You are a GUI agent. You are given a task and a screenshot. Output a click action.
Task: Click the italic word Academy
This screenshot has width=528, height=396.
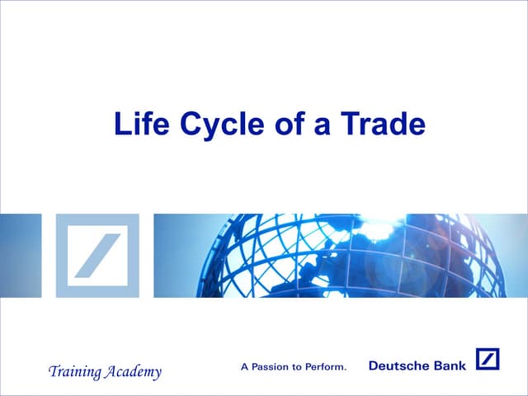pyautogui.click(x=130, y=372)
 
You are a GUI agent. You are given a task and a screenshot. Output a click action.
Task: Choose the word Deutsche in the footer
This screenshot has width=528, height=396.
pyautogui.click(x=399, y=365)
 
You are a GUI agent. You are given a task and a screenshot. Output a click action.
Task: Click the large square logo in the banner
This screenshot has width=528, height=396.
pyautogui.click(x=97, y=255)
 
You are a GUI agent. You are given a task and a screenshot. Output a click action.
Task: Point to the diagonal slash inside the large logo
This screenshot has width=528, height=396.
pyautogui.click(x=97, y=255)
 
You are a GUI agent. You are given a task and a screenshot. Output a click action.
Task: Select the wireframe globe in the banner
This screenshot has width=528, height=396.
pyautogui.click(x=346, y=255)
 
